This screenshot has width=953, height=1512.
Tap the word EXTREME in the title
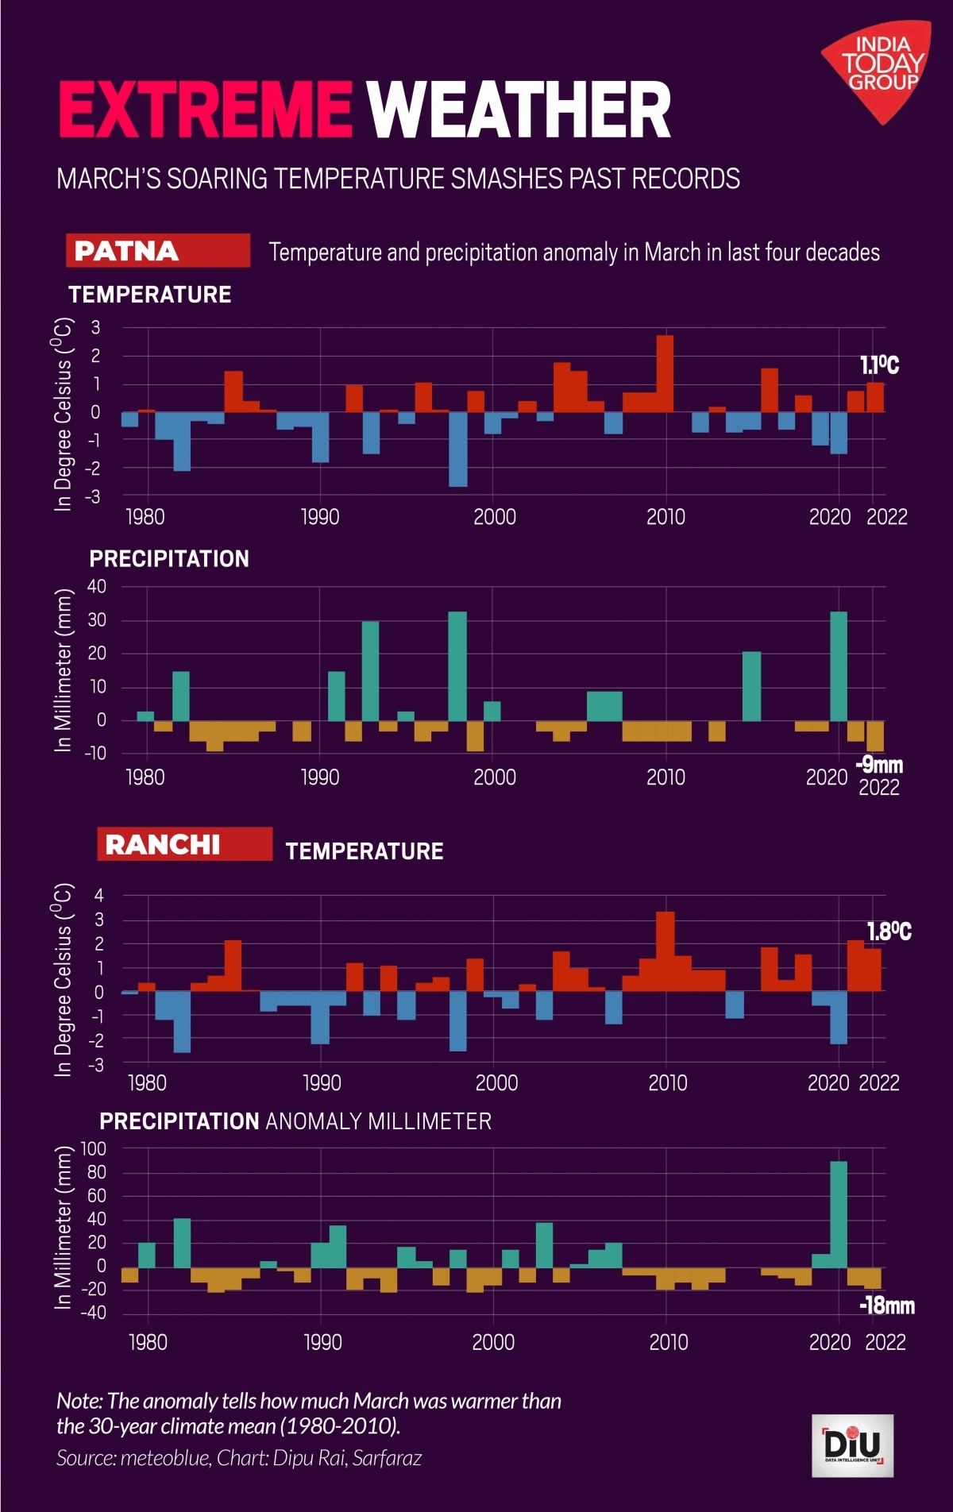click(x=205, y=110)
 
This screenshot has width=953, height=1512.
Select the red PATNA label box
click(x=158, y=250)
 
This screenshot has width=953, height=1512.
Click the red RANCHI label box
click(x=184, y=844)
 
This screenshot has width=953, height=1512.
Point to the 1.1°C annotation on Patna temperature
click(x=879, y=365)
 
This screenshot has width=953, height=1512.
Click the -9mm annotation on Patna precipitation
click(x=880, y=765)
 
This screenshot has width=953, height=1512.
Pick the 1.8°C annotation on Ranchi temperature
click(x=888, y=931)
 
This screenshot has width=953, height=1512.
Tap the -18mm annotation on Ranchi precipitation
click(x=886, y=1306)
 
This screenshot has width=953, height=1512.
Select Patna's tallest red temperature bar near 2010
click(x=665, y=373)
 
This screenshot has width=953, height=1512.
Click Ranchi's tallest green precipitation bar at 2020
click(x=839, y=1214)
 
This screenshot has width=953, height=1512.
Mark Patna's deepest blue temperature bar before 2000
click(x=457, y=449)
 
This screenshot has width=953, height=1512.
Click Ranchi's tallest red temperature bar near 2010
click(x=666, y=951)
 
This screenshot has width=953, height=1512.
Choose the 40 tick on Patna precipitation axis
click(x=97, y=586)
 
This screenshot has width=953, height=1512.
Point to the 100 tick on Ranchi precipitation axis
click(x=93, y=1148)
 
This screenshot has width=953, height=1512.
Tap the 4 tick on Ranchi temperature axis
click(x=99, y=896)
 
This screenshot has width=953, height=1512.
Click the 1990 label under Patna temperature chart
click(x=320, y=517)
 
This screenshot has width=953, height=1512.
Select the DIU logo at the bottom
click(x=852, y=1445)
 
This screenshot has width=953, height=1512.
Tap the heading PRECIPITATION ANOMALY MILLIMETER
click(x=295, y=1121)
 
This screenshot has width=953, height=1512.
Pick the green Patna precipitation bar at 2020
click(x=839, y=666)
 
